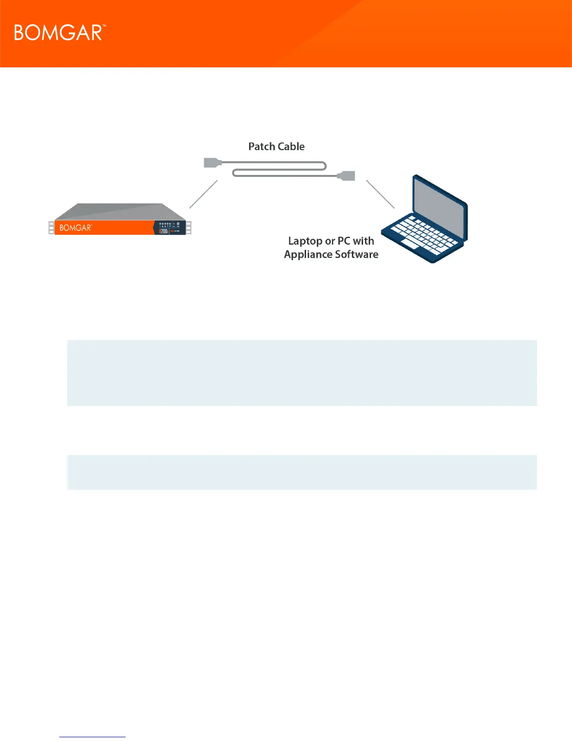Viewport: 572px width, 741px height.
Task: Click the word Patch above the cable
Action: click(261, 146)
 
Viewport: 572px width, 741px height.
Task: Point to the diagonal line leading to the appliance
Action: click(203, 194)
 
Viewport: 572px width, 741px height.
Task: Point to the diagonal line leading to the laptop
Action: click(380, 194)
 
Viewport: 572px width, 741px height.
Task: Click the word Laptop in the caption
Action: click(305, 241)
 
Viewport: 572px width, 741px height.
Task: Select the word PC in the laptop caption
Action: click(344, 241)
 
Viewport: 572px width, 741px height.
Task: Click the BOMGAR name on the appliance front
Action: click(76, 228)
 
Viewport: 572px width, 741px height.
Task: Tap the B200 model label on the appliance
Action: click(164, 231)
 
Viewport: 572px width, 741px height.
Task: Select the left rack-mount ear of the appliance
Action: click(51, 228)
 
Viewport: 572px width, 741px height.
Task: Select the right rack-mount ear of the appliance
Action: click(189, 228)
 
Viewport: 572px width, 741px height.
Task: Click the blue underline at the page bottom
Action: click(93, 737)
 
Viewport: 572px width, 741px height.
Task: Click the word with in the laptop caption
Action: click(364, 241)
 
